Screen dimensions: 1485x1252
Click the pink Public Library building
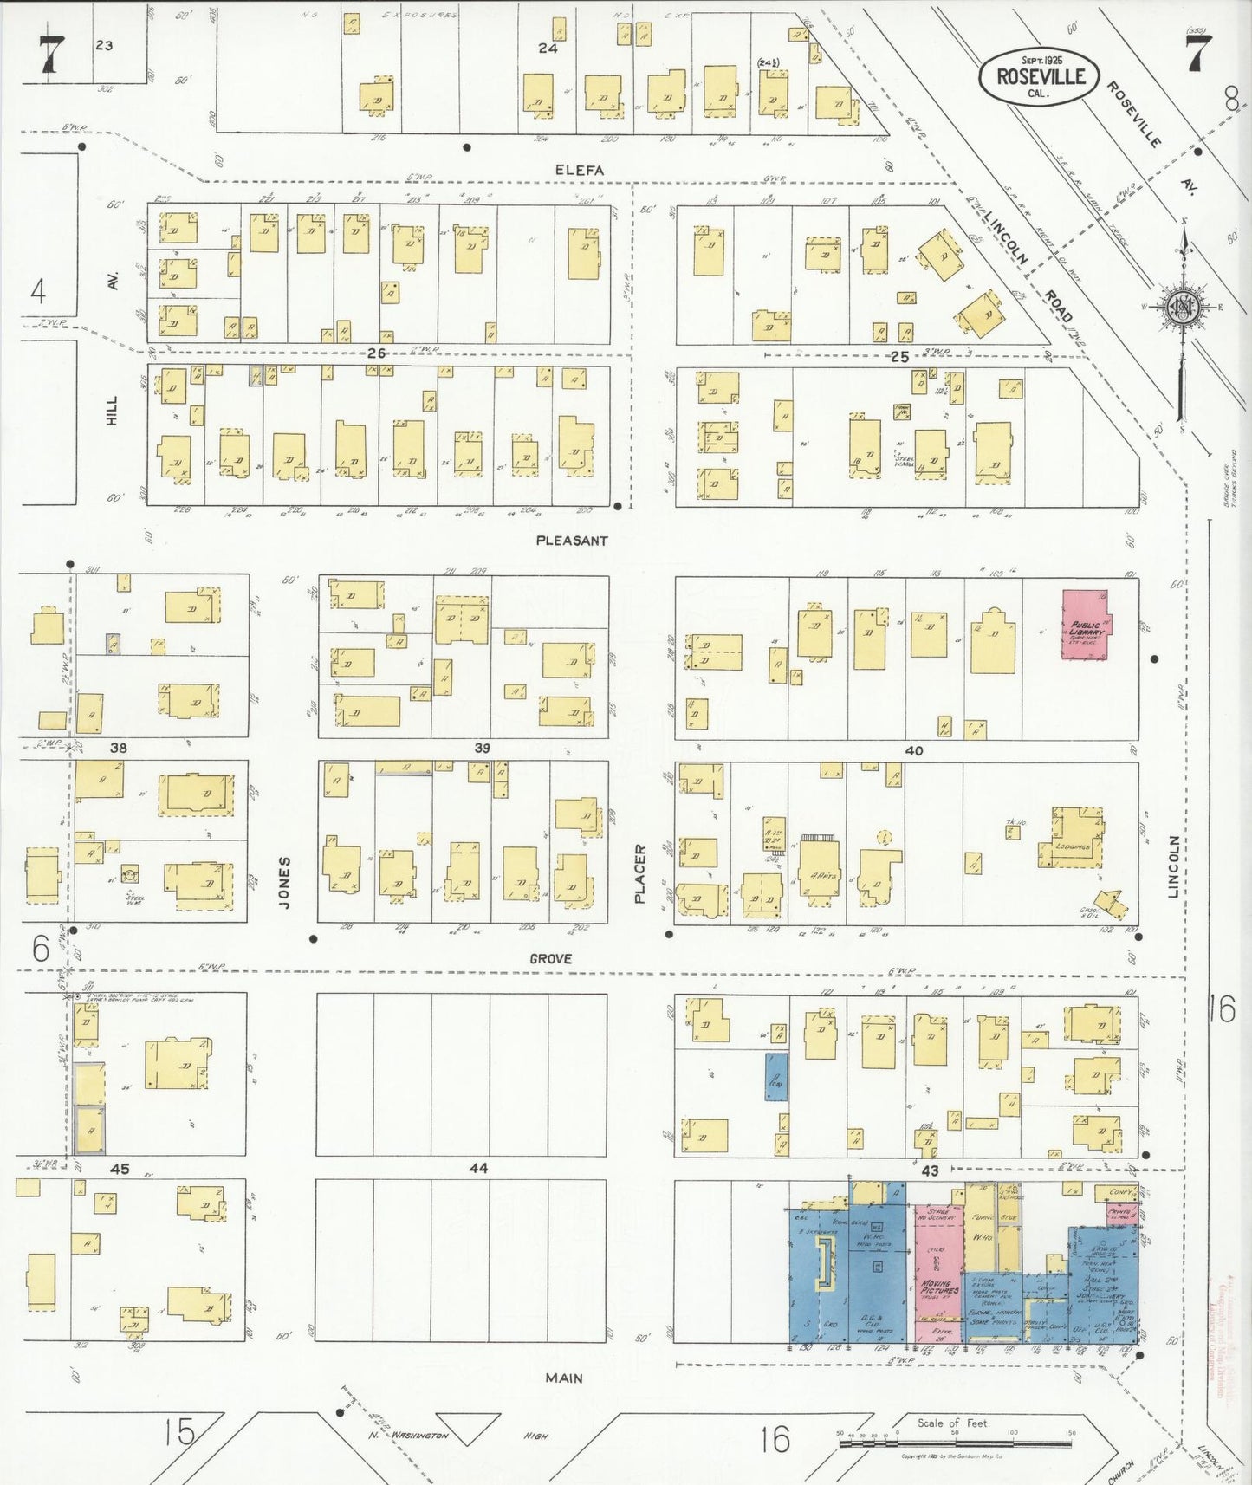pos(1085,626)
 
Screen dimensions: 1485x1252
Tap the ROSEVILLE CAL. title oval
pos(1039,77)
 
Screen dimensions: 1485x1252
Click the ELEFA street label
pos(580,171)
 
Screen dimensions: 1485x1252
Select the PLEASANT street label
pos(572,541)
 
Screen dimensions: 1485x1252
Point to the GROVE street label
pos(551,958)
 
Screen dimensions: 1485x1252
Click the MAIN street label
pos(564,1378)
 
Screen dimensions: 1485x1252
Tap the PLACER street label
pos(640,873)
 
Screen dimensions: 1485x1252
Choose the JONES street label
pos(284,882)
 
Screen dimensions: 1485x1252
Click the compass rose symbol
pos(1182,306)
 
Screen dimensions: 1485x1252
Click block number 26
pos(375,353)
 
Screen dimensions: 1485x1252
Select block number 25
pos(898,356)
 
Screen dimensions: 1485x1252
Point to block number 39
pos(482,748)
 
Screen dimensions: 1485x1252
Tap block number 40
pos(913,750)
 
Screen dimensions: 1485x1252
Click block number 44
pos(477,1168)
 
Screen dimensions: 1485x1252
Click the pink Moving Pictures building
pos(937,1274)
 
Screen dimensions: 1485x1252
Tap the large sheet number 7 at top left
pos(50,55)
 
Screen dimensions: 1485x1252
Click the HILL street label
pos(111,411)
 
